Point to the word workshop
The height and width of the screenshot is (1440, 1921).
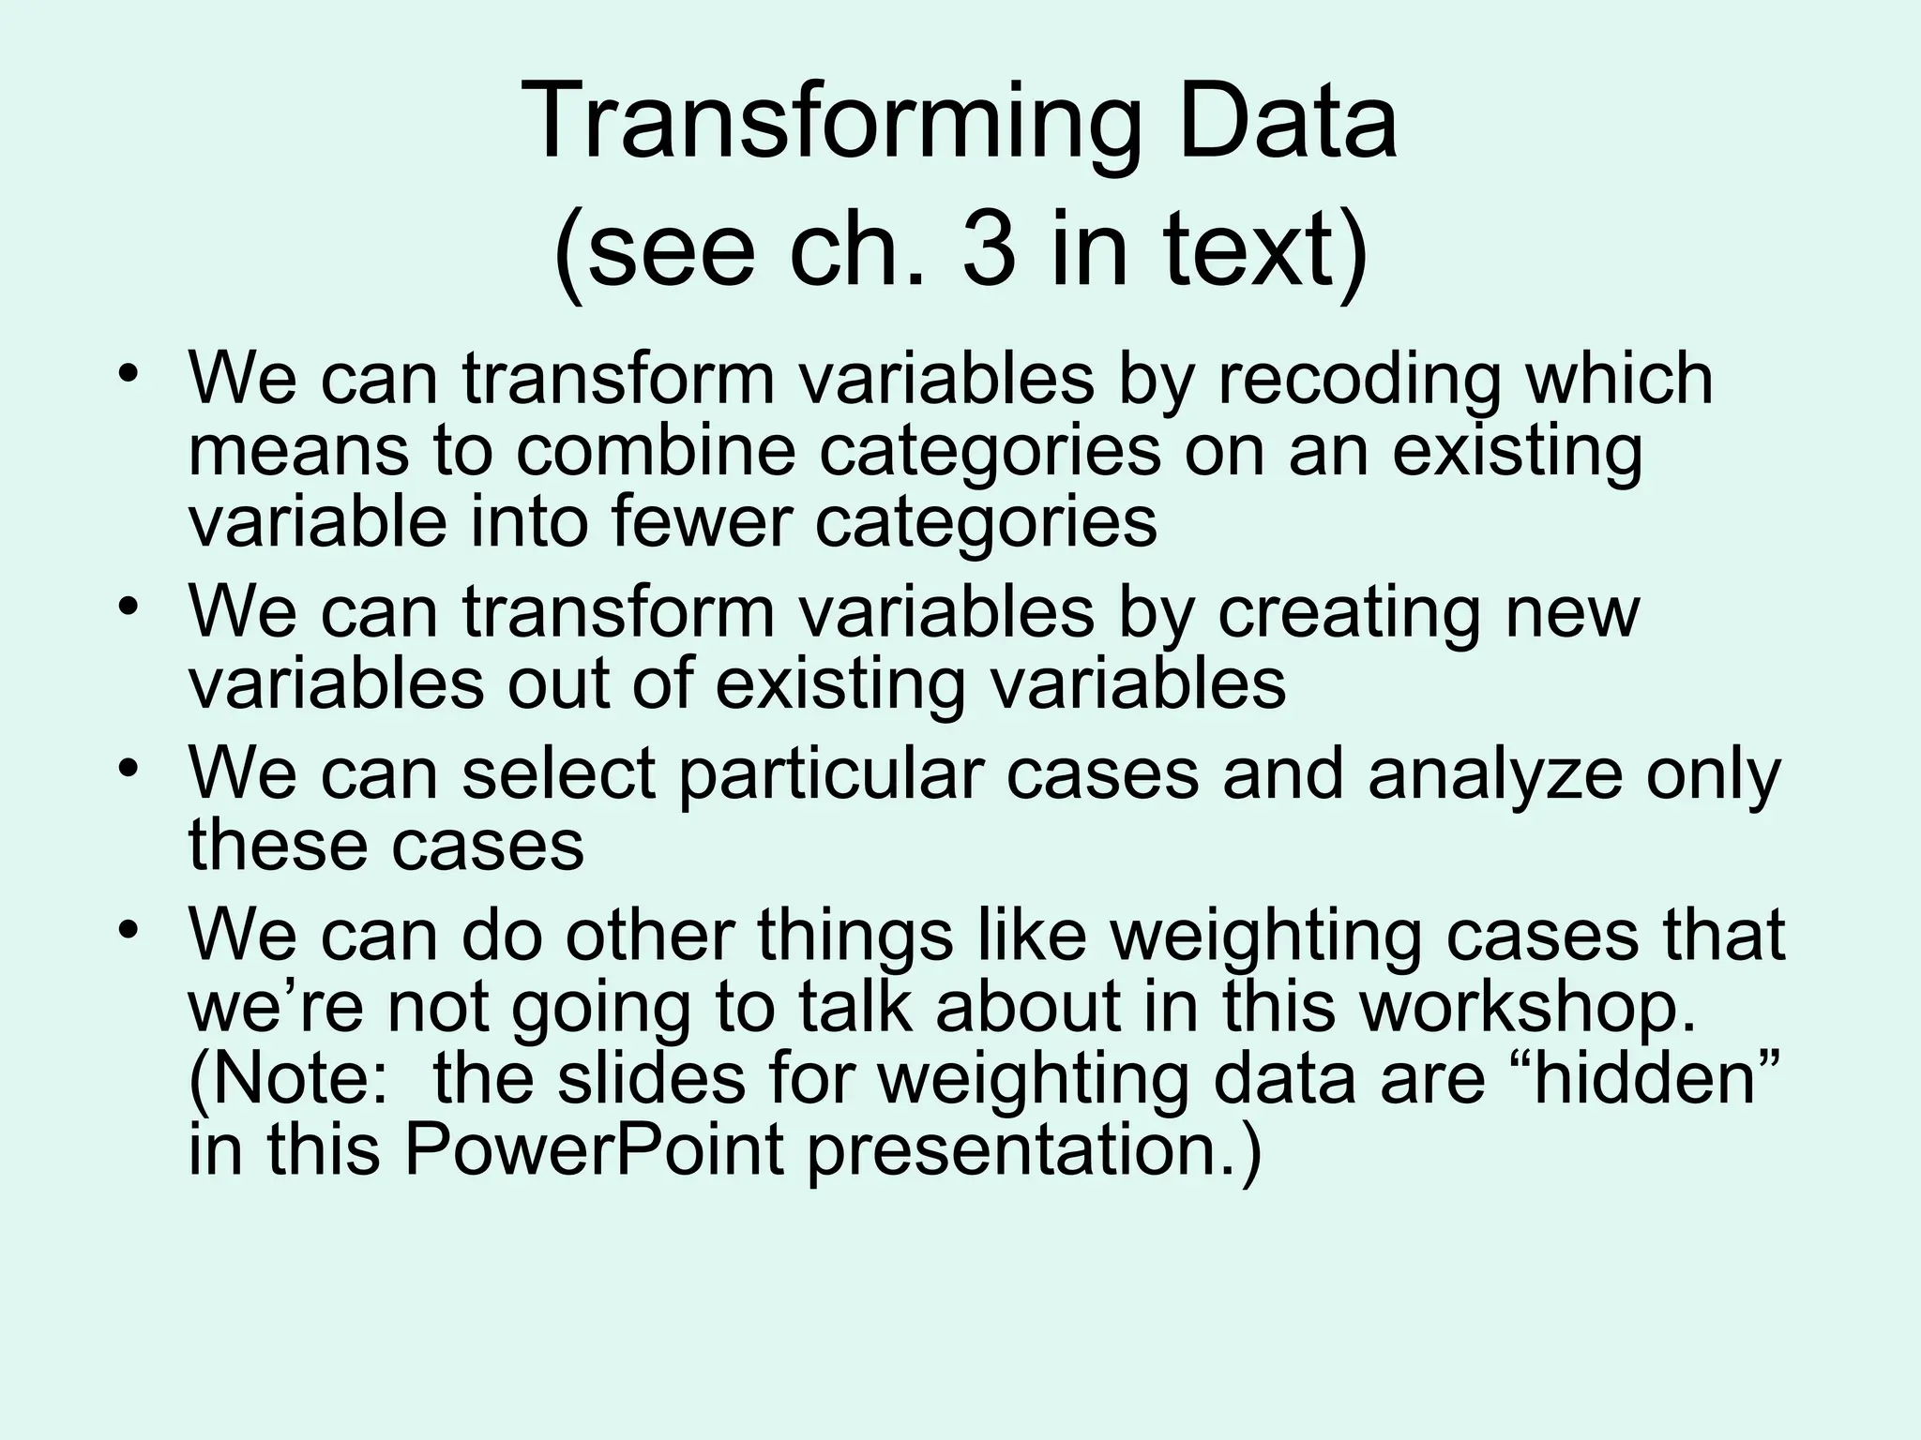[x=1527, y=1008]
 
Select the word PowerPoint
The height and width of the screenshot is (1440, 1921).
[x=594, y=1150]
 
